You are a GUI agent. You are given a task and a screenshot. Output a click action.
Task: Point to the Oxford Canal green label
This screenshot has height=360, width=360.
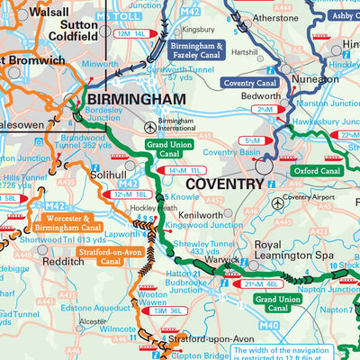point(317,170)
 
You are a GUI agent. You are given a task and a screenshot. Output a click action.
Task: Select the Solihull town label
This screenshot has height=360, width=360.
point(109,176)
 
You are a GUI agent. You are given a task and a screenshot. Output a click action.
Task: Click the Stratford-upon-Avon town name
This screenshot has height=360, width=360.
point(209,340)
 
